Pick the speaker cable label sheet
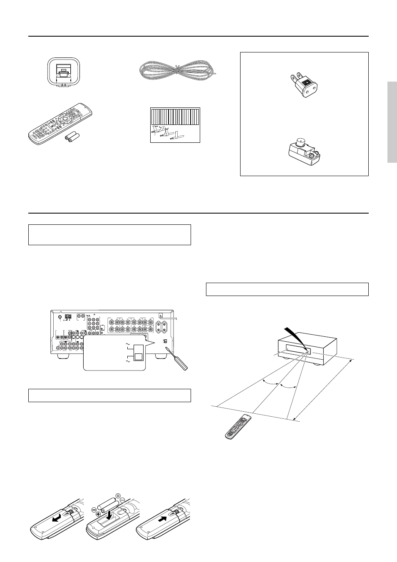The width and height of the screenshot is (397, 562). (x=175, y=125)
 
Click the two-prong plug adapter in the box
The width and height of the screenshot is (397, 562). (x=304, y=83)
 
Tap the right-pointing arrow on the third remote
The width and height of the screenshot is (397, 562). (x=164, y=519)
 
